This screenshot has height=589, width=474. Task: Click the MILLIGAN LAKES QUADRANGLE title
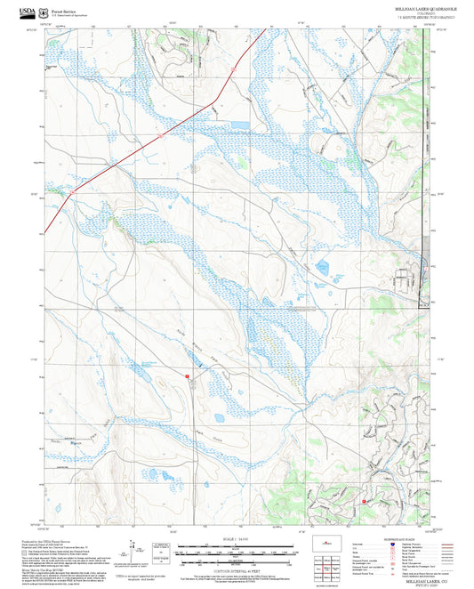click(x=419, y=7)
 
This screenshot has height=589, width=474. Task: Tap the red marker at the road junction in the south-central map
click(x=188, y=377)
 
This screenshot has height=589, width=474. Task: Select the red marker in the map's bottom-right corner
click(x=365, y=502)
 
